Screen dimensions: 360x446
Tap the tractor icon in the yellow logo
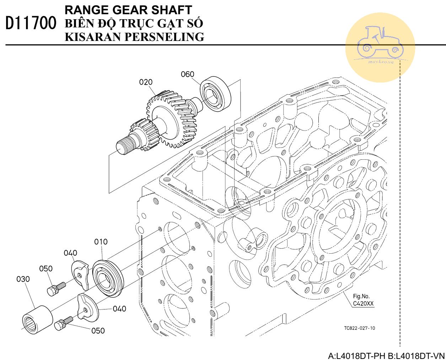click(380, 42)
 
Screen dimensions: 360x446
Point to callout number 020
click(146, 82)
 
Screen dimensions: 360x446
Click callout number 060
click(187, 74)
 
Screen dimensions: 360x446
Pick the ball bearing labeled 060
click(215, 94)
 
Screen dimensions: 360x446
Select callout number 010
click(101, 242)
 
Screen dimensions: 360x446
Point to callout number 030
click(23, 280)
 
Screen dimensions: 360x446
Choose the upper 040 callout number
click(70, 253)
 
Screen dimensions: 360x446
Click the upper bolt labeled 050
click(56, 288)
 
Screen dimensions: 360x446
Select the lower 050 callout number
click(98, 331)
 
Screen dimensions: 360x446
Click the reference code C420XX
click(363, 304)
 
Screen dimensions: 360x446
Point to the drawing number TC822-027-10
click(359, 328)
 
